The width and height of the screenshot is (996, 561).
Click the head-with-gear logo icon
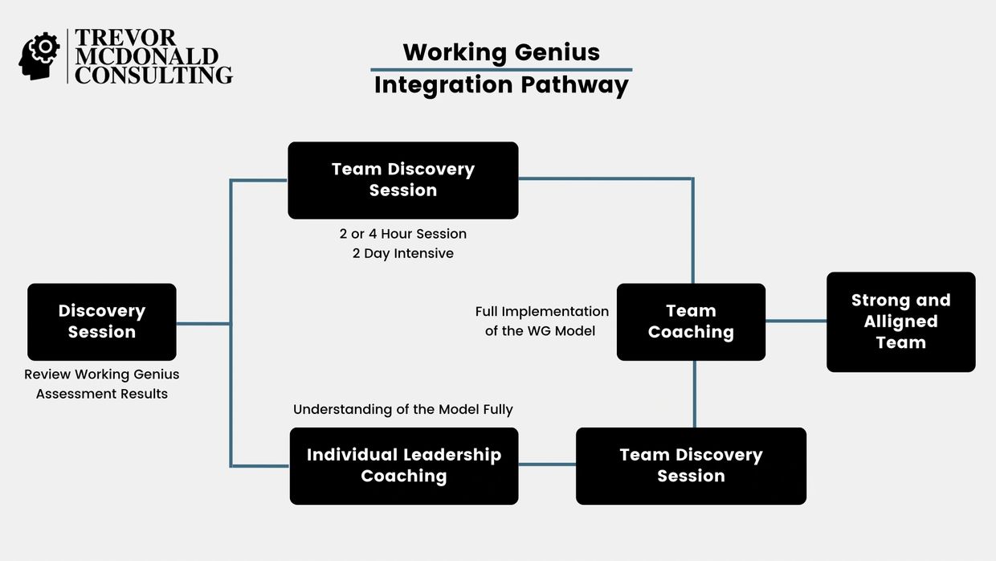point(39,55)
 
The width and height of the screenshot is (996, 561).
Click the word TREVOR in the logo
point(125,38)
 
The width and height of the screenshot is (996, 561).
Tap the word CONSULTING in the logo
point(153,75)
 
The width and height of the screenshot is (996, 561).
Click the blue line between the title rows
point(501,70)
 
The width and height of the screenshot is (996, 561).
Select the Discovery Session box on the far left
point(102,321)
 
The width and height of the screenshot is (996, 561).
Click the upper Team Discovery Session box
point(403,180)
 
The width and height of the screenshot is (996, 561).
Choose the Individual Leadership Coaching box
point(404,465)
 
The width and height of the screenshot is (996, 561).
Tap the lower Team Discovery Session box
point(691,465)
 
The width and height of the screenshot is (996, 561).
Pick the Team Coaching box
point(691,321)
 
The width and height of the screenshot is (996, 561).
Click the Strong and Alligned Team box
point(900,321)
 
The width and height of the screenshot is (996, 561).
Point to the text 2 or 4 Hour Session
point(403,234)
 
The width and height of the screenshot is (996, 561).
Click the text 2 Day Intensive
point(403,253)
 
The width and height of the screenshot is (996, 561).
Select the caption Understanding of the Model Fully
point(403,409)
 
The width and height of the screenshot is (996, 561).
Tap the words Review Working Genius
point(102,375)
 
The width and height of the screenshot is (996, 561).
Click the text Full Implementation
point(542,311)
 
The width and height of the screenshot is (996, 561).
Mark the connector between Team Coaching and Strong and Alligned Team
point(796,321)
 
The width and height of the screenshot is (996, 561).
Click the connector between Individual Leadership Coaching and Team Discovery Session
point(547,464)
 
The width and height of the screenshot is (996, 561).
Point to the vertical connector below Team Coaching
point(695,394)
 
